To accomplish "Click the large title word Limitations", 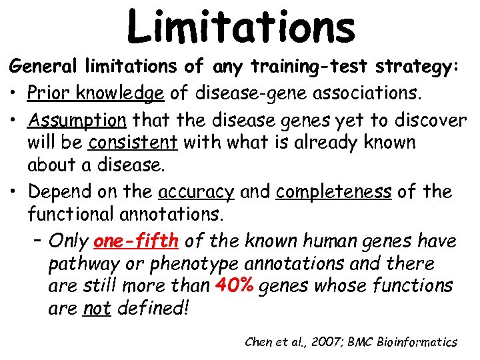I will [x=241, y=27].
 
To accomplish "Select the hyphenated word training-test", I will [x=289, y=67].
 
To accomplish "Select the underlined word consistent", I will [x=133, y=143].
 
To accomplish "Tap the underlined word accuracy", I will [x=196, y=192].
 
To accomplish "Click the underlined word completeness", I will [x=334, y=192].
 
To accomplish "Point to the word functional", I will [x=73, y=215].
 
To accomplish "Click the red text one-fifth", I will [x=137, y=240].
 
